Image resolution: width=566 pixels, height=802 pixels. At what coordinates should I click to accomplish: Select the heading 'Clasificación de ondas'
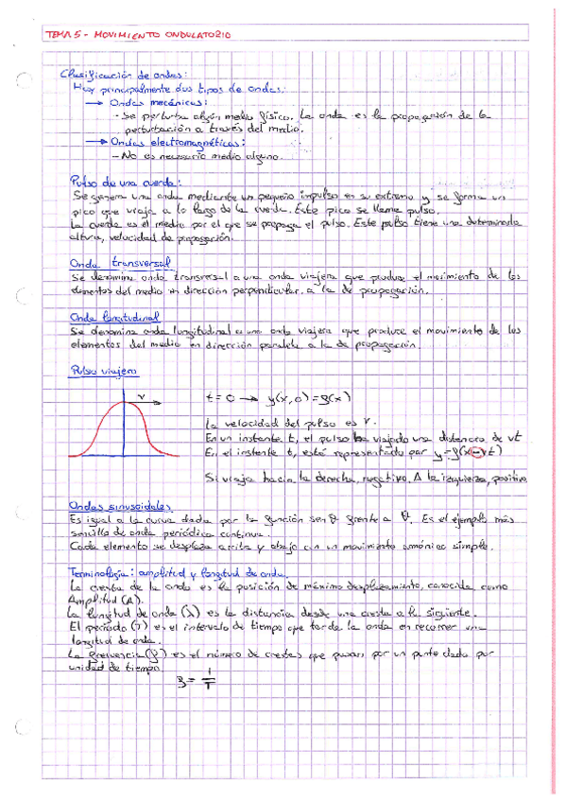pyautogui.click(x=123, y=74)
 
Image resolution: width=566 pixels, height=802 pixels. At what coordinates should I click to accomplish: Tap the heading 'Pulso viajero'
pyautogui.click(x=99, y=373)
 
